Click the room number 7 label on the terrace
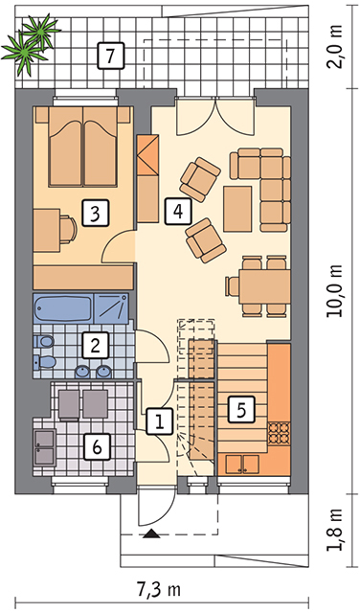click(x=110, y=56)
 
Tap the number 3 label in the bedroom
click(x=95, y=213)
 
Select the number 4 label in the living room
click(x=178, y=212)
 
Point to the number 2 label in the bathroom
click(x=95, y=345)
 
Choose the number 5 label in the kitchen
click(x=240, y=409)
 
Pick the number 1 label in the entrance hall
click(x=160, y=421)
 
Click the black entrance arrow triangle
click(x=151, y=534)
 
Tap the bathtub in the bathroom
click(x=63, y=308)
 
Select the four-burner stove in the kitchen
click(x=280, y=434)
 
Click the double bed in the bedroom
click(x=83, y=147)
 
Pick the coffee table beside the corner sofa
click(x=237, y=209)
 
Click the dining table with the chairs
click(x=265, y=286)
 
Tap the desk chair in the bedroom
click(x=68, y=229)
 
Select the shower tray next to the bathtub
click(x=111, y=308)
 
